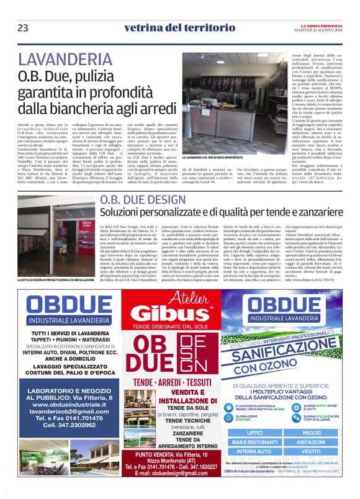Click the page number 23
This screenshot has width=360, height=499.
(x=23, y=27)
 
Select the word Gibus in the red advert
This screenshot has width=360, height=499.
(x=180, y=312)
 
